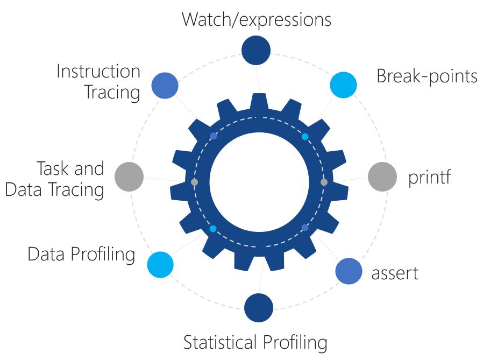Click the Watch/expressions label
[256, 19]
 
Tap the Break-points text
[427, 76]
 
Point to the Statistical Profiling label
[255, 342]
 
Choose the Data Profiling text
[81, 254]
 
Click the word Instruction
[98, 71]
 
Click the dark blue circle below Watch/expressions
[256, 50]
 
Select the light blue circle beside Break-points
[343, 84]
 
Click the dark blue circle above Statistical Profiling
[258, 308]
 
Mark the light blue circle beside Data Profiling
[160, 265]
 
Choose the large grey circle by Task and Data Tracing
[130, 177]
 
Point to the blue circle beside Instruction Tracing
[165, 85]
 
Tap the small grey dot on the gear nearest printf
[323, 182]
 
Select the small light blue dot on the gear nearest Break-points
[305, 137]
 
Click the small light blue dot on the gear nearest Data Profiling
[213, 229]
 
